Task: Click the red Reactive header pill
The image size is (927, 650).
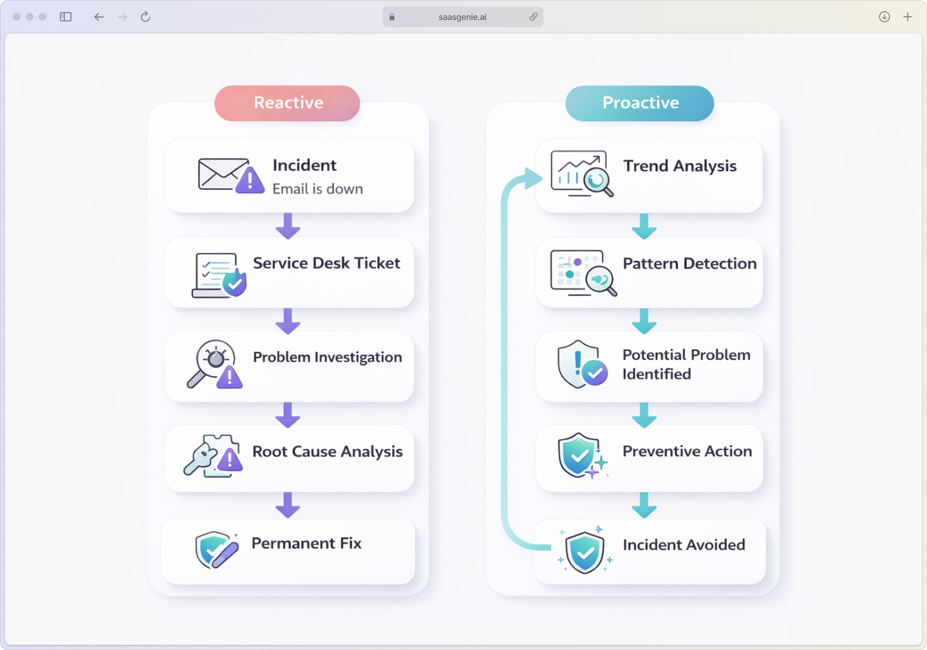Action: [287, 103]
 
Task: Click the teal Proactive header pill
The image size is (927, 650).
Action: [639, 103]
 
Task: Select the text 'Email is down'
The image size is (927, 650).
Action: [317, 189]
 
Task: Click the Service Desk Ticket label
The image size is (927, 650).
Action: [326, 263]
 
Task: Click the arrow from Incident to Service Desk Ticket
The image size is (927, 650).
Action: [288, 225]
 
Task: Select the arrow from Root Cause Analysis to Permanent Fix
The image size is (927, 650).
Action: [288, 505]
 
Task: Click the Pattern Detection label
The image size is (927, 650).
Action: [689, 263]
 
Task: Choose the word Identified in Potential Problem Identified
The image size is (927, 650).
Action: [657, 374]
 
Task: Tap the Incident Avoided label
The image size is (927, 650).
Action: [684, 545]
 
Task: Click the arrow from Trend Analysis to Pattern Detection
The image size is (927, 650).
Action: [644, 226]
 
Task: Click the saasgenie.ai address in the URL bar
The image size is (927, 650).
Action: [462, 17]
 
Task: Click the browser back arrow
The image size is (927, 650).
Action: [98, 17]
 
